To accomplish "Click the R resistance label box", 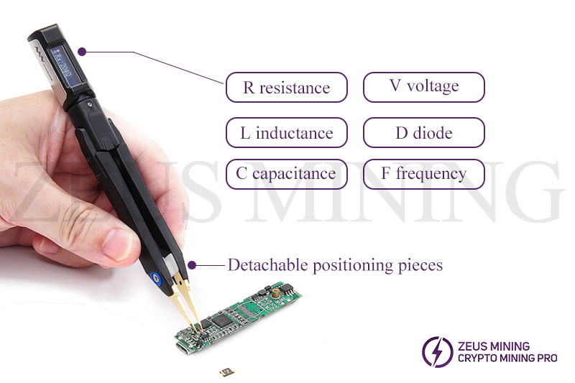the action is pyautogui.click(x=286, y=87).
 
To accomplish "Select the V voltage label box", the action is pyautogui.click(x=423, y=87).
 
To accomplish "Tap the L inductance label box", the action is pyautogui.click(x=286, y=133).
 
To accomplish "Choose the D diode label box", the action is pyautogui.click(x=423, y=133).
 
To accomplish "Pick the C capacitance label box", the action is pyautogui.click(x=286, y=174).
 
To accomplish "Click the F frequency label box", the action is pyautogui.click(x=423, y=174).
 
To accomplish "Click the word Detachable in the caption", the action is pyautogui.click(x=267, y=264).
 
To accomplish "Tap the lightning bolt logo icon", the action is pyautogui.click(x=437, y=352).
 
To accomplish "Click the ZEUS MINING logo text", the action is pyautogui.click(x=494, y=346).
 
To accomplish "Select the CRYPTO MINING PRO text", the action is pyautogui.click(x=507, y=358).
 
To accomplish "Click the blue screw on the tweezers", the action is pyautogui.click(x=156, y=279).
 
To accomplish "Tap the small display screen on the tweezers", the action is pyautogui.click(x=62, y=66).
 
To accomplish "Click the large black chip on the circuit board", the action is pyautogui.click(x=222, y=320).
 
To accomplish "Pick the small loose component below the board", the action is pyautogui.click(x=225, y=373).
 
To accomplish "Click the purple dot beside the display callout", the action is pyautogui.click(x=83, y=52).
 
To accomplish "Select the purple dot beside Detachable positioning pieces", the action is pyautogui.click(x=192, y=265).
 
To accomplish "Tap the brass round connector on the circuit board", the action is pyautogui.click(x=275, y=292).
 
